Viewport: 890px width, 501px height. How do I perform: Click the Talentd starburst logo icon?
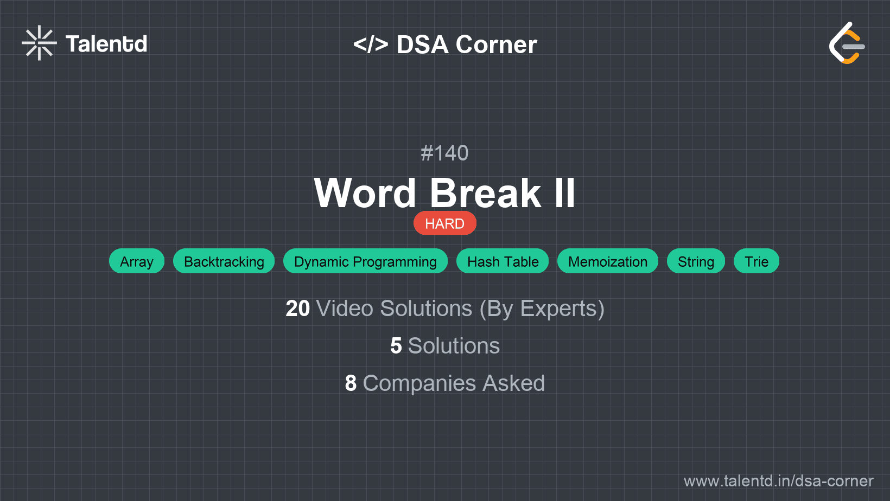pos(39,43)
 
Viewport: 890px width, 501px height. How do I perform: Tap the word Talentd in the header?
pos(106,44)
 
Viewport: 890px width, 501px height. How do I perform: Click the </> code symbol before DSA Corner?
pos(371,44)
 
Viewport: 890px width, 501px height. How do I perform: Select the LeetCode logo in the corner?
pos(847,43)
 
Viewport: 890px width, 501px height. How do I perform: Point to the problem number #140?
pos(444,153)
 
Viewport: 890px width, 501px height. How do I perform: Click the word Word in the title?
pos(365,194)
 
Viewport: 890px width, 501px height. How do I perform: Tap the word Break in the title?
pos(485,194)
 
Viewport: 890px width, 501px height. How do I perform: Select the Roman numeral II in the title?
pos(564,194)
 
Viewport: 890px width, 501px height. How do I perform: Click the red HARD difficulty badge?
pos(444,223)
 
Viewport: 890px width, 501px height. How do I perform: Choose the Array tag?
pos(137,261)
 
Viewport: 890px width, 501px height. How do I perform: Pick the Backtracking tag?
pos(224,261)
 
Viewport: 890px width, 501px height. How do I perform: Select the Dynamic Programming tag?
pos(365,261)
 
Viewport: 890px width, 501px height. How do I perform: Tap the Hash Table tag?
pos(503,261)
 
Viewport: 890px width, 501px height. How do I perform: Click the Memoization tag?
pos(608,261)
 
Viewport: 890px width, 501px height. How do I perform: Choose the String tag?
pos(696,261)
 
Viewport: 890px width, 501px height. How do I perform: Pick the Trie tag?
pos(756,261)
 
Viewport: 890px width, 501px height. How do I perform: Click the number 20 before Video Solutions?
pos(297,309)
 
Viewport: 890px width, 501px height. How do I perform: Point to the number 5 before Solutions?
pos(396,346)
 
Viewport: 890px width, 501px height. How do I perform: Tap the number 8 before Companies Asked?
pos(351,383)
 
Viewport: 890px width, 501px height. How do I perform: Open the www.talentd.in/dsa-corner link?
pos(778,481)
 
